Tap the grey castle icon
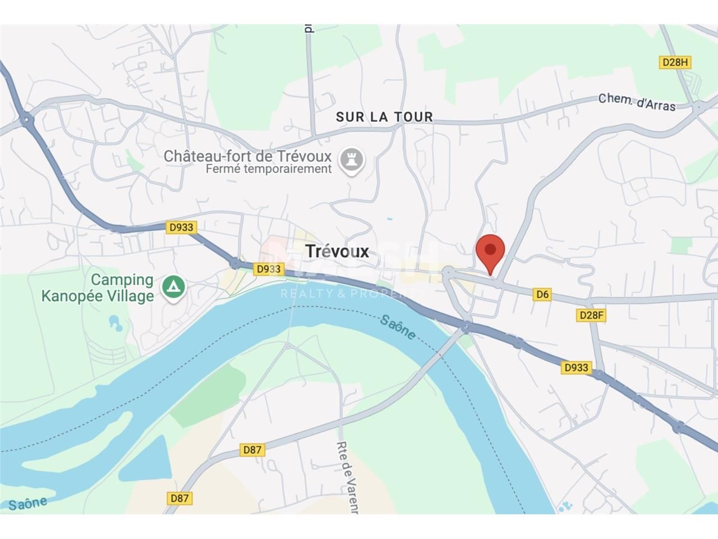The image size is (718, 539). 352,161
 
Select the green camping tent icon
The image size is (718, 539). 174,287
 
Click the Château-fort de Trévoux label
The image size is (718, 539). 247,156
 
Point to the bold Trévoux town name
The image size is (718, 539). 337,251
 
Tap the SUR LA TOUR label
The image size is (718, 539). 384,117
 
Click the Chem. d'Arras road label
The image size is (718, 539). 637,102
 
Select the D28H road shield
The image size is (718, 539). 675,62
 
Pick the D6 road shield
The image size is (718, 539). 542,294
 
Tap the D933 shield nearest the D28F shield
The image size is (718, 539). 576,367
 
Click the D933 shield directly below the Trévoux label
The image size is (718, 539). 268,269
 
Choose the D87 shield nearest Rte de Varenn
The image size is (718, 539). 252,450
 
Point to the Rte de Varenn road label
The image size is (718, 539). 347,477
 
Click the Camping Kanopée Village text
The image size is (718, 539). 98,287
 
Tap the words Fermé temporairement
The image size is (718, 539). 269,169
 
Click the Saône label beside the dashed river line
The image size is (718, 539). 398,327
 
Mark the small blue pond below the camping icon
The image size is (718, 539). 115,323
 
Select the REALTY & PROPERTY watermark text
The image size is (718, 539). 352,293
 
